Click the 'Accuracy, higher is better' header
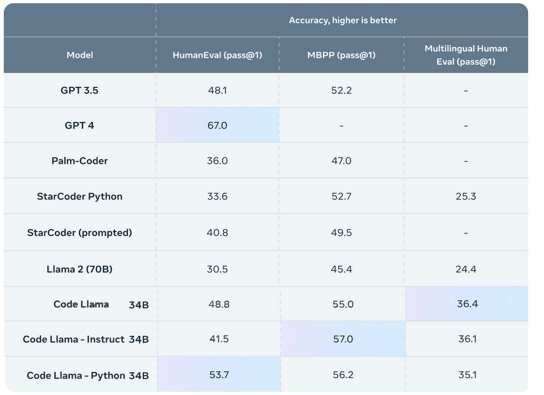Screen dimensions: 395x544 (342, 20)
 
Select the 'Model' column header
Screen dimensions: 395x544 (80, 55)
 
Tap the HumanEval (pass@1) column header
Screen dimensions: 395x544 (217, 55)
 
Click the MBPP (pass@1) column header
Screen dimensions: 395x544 (341, 55)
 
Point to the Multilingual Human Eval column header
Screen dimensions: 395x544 (466, 55)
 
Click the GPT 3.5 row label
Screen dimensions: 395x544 (80, 90)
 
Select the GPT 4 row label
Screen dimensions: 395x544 (80, 125)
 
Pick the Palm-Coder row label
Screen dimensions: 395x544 (80, 161)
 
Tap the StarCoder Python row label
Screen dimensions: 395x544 (80, 196)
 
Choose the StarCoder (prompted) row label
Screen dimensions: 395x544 (80, 233)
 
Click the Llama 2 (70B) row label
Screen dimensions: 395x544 (80, 269)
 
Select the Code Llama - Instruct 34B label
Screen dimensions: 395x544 (86, 340)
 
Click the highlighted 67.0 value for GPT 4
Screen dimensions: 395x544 (217, 126)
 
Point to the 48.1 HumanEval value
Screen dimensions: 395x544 (217, 90)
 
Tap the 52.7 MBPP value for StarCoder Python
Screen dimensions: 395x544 (341, 196)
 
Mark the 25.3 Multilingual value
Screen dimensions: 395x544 (466, 196)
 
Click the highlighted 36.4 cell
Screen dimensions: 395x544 (467, 304)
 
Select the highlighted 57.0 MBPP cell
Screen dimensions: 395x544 (343, 340)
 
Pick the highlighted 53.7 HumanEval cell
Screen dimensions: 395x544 (218, 375)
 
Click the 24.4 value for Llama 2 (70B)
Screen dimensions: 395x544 (466, 269)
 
